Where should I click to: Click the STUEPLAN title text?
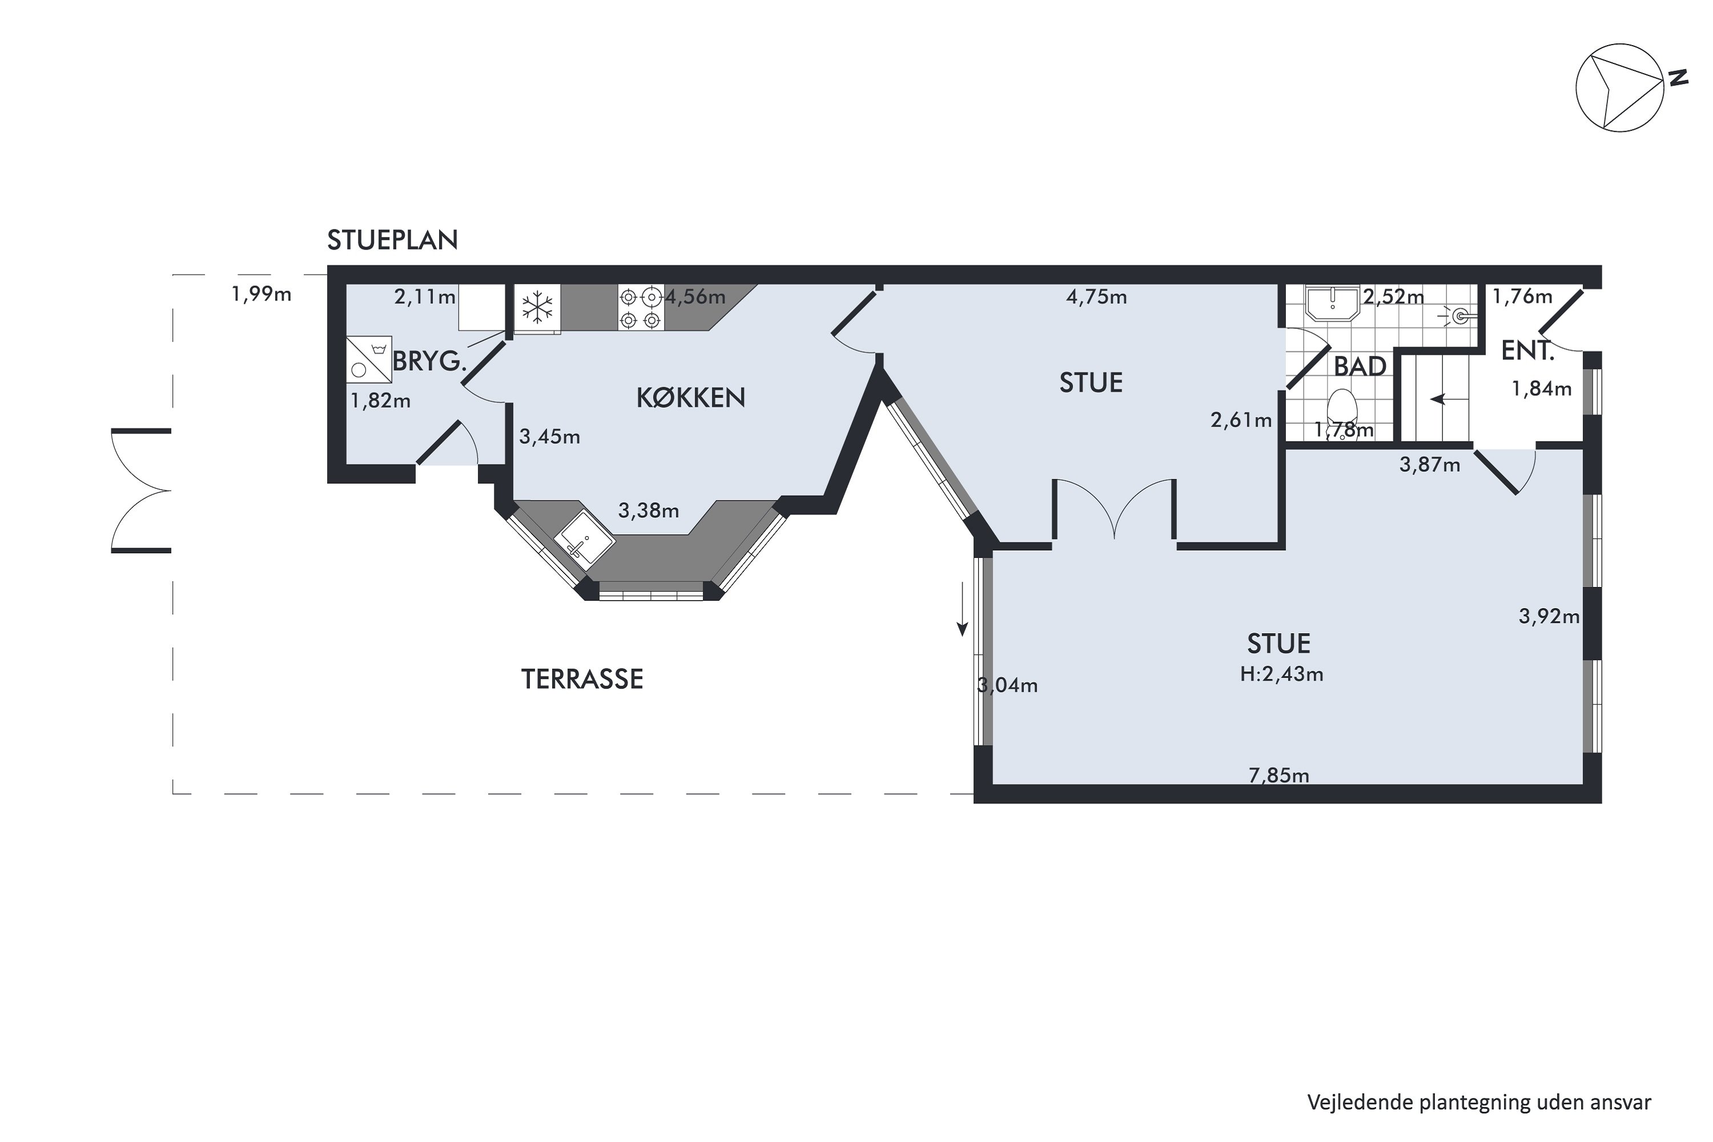[393, 240]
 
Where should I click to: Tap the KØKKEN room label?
[690, 397]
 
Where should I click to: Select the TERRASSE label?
[582, 679]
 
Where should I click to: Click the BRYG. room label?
[429, 361]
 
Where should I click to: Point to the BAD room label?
[1360, 367]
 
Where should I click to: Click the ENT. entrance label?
[1527, 351]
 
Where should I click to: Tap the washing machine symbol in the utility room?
[368, 359]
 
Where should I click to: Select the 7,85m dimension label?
[1279, 775]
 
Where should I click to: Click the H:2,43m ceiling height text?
[1281, 674]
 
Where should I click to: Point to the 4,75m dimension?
[1096, 297]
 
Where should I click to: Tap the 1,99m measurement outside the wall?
[262, 294]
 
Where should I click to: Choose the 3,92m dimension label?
[1549, 617]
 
